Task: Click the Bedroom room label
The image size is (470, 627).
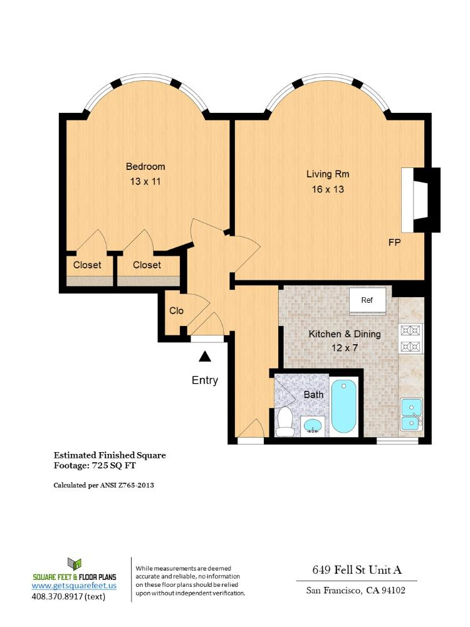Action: pos(145,167)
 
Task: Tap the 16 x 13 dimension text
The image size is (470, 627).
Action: pos(328,189)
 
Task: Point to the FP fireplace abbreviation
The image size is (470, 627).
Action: pos(394,243)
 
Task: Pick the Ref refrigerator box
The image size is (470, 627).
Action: pos(367,300)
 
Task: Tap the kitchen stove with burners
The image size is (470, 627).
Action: pos(411,339)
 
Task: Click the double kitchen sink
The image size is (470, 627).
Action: pos(411,413)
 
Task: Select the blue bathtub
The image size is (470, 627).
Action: pos(344,406)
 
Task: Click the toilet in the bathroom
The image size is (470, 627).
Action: pos(285,421)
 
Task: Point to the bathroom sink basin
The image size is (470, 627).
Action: pos(313,426)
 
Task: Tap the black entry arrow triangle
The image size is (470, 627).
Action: pos(204,357)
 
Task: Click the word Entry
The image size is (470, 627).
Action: pos(205,380)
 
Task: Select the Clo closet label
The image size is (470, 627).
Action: pos(176,311)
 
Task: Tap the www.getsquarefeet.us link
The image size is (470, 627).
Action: pos(74,585)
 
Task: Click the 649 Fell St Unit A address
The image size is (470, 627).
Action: pos(357,570)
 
